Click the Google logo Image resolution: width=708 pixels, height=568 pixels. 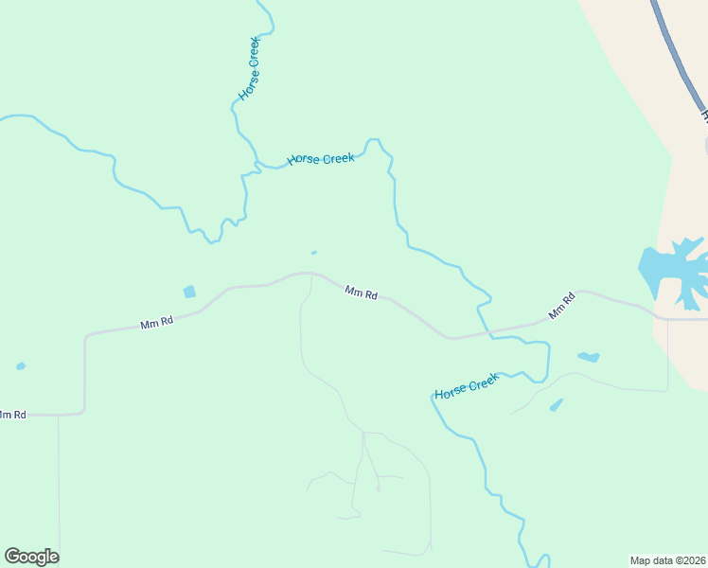coord(31,557)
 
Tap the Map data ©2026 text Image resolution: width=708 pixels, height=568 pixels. coord(668,559)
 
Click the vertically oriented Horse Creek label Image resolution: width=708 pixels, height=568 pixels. coord(249,69)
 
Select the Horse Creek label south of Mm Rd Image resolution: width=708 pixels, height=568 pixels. coord(467,386)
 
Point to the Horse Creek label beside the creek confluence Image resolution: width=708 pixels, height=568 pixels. coord(321,159)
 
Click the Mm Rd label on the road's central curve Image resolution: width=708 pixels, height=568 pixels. coord(362,293)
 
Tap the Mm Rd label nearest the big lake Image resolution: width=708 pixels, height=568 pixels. coord(561,307)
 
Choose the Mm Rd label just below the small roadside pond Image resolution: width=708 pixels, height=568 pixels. coord(156,323)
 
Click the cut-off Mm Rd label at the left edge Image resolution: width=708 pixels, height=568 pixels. coord(12,415)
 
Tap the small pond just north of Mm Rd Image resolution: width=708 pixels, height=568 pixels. coord(189,292)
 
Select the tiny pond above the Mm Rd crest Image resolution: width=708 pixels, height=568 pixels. coord(314,253)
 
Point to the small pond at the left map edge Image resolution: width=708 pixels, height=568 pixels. coord(21,366)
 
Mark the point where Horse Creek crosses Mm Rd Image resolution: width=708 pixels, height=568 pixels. coord(489,333)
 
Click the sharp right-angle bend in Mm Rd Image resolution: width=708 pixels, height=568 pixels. coord(85,335)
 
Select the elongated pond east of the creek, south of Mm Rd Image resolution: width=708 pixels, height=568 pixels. coord(589,357)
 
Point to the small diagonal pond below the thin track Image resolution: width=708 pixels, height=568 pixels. coord(556,405)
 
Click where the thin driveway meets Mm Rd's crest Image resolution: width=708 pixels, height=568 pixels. coord(310,275)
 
